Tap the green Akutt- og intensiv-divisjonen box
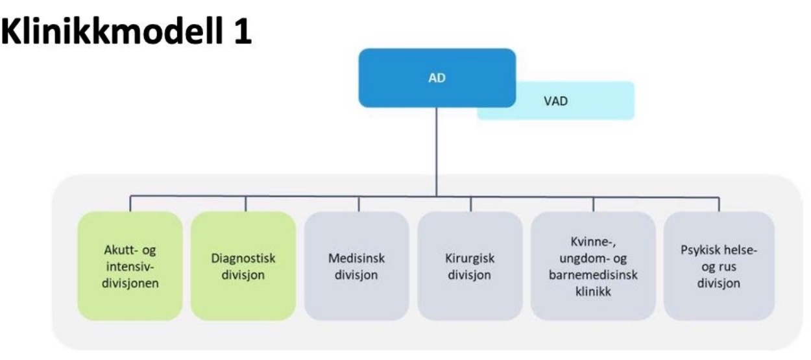click(130, 265)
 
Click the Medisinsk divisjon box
click(357, 265)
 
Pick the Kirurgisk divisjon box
click(470, 265)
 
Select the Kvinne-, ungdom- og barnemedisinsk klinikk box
click(593, 265)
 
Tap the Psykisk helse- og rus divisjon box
click(719, 265)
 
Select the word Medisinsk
click(357, 258)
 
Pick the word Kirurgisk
click(470, 258)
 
